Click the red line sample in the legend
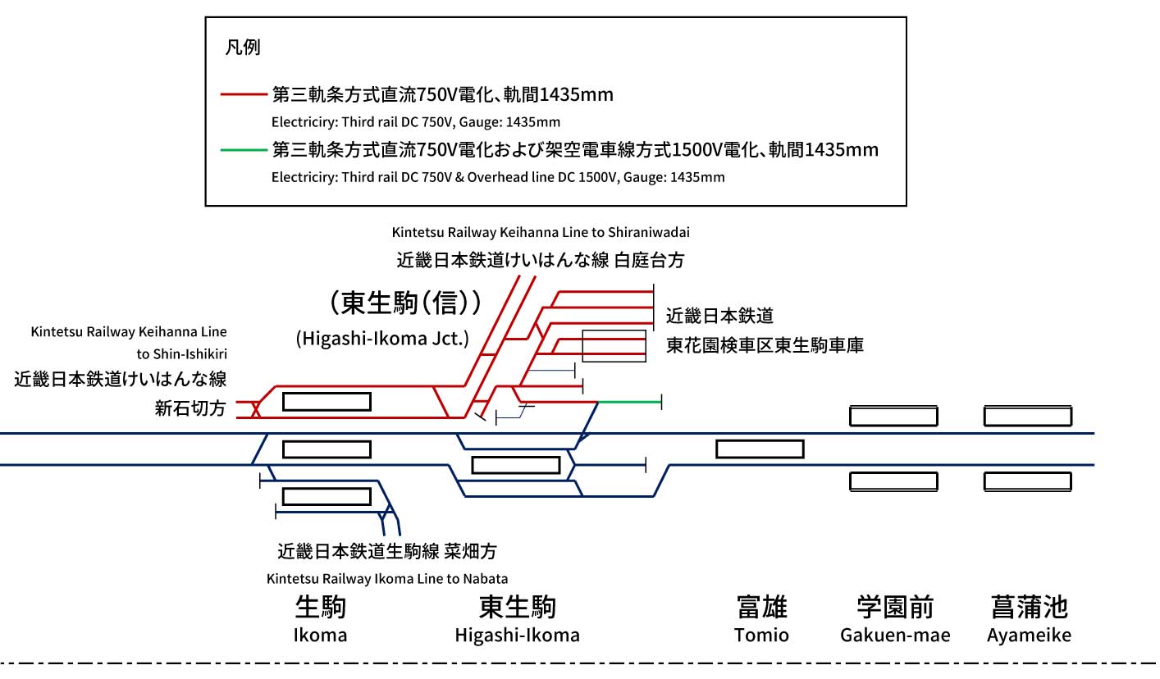tap(244, 94)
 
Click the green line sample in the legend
tap(244, 150)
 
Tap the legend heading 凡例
tap(242, 48)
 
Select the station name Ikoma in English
tap(320, 635)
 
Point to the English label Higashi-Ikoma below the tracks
tap(517, 635)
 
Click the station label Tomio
tap(761, 635)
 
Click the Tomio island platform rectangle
tap(760, 449)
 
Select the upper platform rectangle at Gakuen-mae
tap(893, 416)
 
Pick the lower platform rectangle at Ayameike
tap(1027, 481)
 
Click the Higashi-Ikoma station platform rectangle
tap(516, 465)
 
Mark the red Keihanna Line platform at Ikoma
tap(327, 402)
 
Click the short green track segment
tap(630, 402)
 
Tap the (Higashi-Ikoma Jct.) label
tap(382, 339)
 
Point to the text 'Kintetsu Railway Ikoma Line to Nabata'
tap(387, 579)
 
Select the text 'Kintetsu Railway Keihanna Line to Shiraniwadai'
tap(541, 232)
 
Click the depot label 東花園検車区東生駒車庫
tap(765, 345)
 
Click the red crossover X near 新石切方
tap(255, 409)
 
